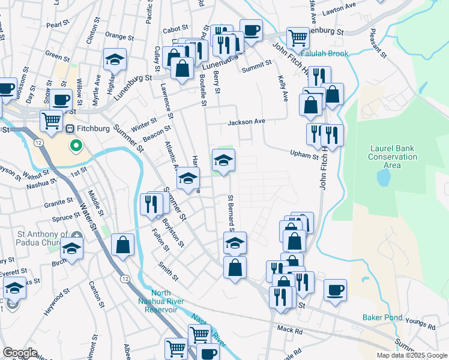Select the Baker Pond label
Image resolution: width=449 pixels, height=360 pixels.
click(381, 317)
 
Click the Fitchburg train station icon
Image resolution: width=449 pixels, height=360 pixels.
click(69, 128)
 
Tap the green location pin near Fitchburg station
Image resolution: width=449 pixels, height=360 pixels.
click(76, 145)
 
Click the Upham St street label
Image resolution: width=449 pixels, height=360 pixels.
click(305, 156)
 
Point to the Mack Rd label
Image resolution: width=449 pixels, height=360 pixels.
click(290, 329)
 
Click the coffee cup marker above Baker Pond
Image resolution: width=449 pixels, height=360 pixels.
click(335, 291)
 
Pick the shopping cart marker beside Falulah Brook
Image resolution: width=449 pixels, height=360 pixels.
click(297, 38)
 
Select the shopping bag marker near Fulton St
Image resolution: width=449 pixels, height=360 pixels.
click(122, 245)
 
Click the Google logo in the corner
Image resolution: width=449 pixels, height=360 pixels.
click(19, 353)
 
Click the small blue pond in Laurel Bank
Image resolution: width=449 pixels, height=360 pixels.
click(382, 178)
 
